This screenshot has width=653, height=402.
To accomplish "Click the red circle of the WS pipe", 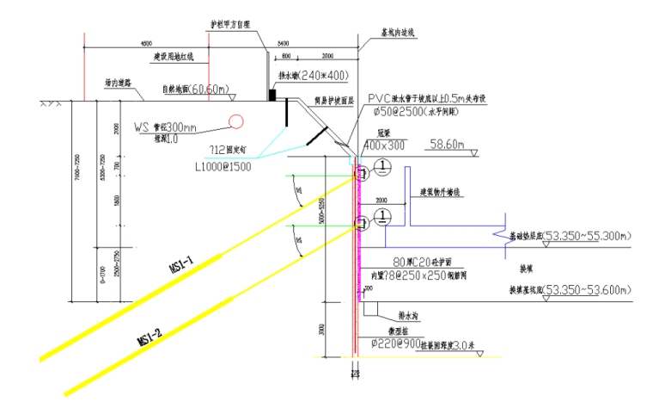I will pos(235,121).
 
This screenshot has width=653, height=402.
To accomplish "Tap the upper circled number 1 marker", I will pos(382,166).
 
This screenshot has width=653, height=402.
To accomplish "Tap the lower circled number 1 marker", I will pos(382,215).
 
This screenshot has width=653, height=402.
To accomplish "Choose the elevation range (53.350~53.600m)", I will pos(587,289).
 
